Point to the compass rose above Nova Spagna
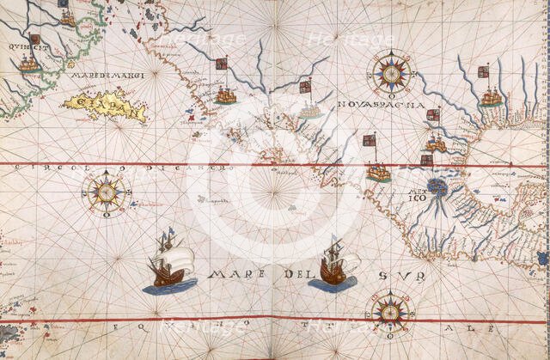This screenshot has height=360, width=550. pos(391,73)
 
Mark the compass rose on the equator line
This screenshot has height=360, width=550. pos(389,310)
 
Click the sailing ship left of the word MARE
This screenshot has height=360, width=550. pos(168,262)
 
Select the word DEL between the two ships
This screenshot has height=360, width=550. pos(293,276)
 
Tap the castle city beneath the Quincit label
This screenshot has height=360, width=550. pos(28,64)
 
